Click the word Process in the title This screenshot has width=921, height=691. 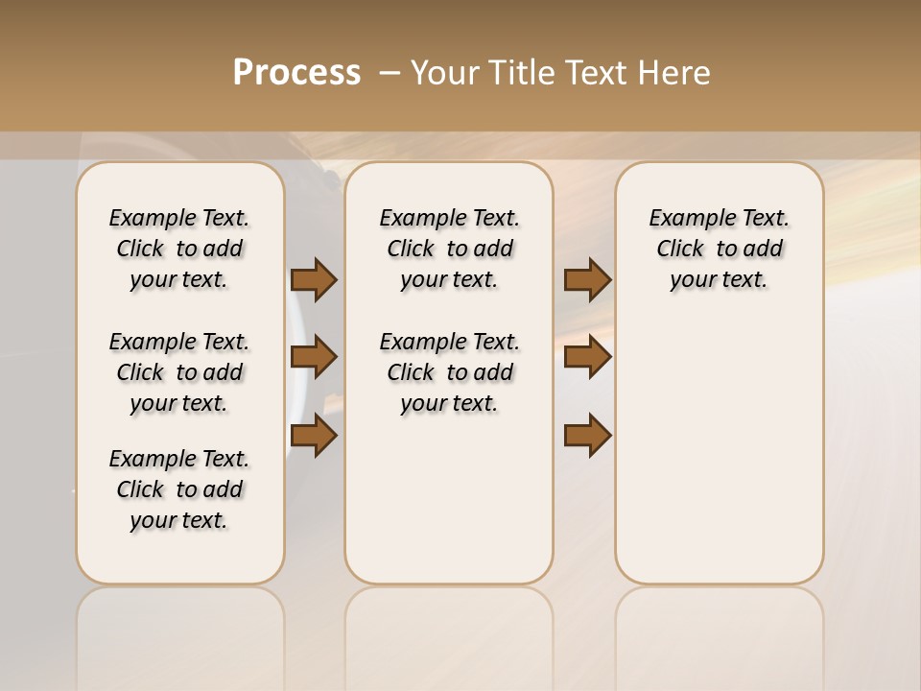[296, 73]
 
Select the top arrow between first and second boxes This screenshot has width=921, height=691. [314, 279]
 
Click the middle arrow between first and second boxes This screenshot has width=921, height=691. [314, 357]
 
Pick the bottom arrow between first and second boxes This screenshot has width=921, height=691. [314, 436]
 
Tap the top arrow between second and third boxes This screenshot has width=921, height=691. [587, 279]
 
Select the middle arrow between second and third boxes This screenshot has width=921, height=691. [587, 357]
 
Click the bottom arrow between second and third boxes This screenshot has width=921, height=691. [587, 436]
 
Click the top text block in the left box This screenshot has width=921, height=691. [179, 249]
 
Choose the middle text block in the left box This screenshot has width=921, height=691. [179, 372]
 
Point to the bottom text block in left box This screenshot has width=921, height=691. [179, 489]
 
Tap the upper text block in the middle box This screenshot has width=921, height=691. [449, 249]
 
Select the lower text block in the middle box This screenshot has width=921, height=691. [449, 372]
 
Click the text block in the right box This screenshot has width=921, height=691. [719, 249]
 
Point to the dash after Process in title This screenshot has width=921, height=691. [390, 73]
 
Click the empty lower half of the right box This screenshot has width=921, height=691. [719, 461]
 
